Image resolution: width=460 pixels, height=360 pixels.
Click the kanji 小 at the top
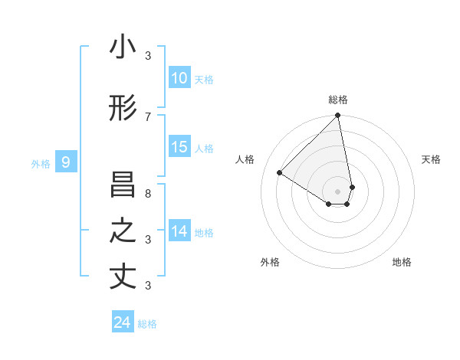coord(123,47)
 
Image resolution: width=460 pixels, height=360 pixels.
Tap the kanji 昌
coord(123,185)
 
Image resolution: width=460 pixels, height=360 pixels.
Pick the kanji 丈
coord(123,277)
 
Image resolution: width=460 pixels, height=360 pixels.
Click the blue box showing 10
coord(179,78)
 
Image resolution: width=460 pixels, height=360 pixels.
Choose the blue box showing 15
coord(179,147)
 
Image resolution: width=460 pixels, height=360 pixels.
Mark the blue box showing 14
coord(179,231)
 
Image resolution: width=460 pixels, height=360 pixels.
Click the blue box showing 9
coord(66,162)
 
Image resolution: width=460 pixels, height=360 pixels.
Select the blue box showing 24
coord(123,322)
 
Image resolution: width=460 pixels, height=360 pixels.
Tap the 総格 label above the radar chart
coord(338,100)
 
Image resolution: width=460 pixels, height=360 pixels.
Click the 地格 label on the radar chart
coord(402,262)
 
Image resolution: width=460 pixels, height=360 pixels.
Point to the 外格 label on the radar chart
coord(270,262)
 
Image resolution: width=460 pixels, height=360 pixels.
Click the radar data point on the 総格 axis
coord(337,116)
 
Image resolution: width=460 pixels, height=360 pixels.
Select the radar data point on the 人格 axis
coord(280,173)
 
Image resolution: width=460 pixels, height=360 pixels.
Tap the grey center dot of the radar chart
coord(337,191)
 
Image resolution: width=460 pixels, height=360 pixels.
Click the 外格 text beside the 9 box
coord(40,163)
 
